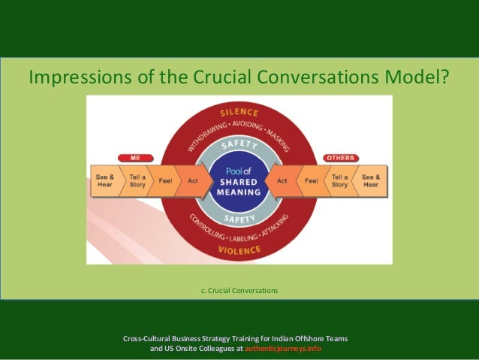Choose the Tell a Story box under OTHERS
[340, 180]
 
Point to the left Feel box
[165, 181]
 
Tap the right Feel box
[311, 181]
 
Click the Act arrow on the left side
[193, 181]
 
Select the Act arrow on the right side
[282, 181]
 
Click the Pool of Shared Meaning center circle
[238, 181]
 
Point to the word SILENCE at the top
[239, 112]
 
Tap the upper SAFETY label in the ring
[239, 143]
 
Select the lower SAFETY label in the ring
[239, 219]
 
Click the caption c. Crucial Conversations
[239, 290]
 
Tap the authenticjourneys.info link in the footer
[288, 349]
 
